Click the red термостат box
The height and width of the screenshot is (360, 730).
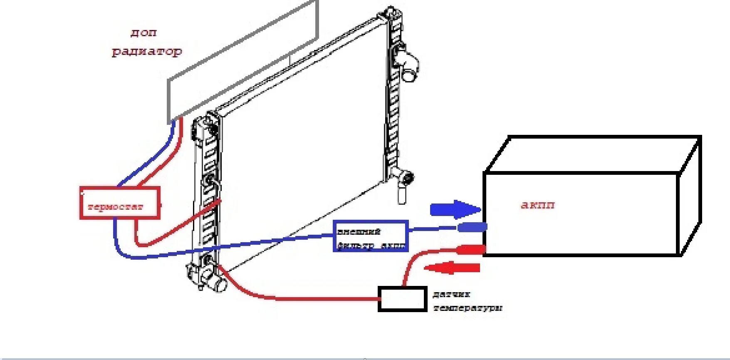coord(120,203)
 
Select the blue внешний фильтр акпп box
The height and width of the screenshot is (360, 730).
coord(371,236)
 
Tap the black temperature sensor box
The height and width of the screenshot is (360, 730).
coord(402,299)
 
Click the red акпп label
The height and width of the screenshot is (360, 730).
coord(537,205)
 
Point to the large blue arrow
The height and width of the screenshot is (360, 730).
coord(455,209)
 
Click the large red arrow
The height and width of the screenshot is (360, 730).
coord(453,268)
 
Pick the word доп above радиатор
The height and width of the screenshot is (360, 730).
coord(144,32)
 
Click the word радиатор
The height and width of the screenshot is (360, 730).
coord(147,52)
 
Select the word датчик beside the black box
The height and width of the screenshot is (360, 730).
coord(451,294)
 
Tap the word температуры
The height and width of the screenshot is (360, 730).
coord(468,308)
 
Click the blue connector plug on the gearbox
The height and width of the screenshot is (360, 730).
coord(472,227)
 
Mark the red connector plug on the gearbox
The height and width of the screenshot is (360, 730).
coord(471,250)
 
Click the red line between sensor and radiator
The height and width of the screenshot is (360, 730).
coord(291,298)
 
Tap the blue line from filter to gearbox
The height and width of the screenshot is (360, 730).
coord(433,228)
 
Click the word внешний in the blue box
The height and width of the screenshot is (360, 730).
coord(359,231)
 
